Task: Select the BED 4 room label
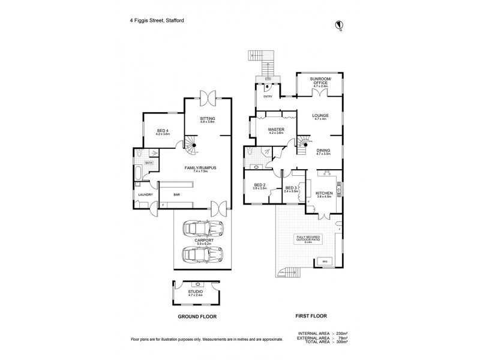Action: pos(163,131)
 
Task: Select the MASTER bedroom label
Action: pos(276,130)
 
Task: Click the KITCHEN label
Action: pos(323,193)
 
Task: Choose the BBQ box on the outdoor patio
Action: pos(325,262)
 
